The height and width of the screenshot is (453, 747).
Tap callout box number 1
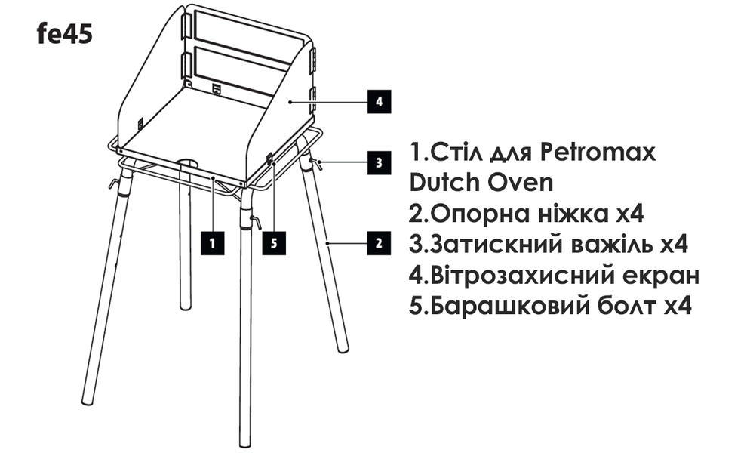point(214,242)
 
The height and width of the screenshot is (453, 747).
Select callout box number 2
point(378,242)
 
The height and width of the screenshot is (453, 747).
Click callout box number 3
point(378,162)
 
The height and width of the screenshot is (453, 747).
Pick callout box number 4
point(378,100)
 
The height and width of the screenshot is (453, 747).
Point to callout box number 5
point(275,242)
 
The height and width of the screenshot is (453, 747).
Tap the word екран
point(661,277)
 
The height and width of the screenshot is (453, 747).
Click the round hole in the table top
point(188,162)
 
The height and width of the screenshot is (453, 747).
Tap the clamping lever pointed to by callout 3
point(316,162)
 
